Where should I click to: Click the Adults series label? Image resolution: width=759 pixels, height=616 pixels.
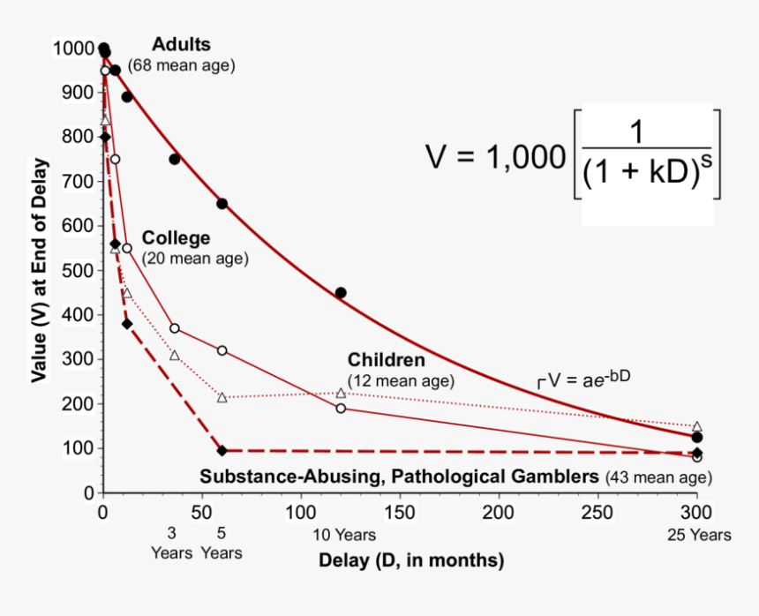pyautogui.click(x=181, y=44)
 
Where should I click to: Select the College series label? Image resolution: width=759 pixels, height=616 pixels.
pyautogui.click(x=177, y=238)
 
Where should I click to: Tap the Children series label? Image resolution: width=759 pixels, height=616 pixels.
pyautogui.click(x=386, y=360)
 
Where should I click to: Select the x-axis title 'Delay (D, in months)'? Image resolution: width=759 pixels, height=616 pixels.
pyautogui.click(x=411, y=560)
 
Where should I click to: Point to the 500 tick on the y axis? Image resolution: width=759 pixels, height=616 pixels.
pyautogui.click(x=76, y=271)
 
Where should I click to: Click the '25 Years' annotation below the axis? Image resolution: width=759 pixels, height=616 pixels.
pyautogui.click(x=699, y=535)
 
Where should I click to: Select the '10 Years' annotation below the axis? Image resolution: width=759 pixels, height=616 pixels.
pyautogui.click(x=344, y=535)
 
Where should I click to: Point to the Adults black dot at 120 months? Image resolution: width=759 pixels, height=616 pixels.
pyautogui.click(x=341, y=293)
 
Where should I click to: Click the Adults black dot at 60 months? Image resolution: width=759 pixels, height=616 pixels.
pyautogui.click(x=222, y=204)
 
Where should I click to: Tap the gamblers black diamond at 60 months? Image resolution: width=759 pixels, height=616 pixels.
pyautogui.click(x=222, y=450)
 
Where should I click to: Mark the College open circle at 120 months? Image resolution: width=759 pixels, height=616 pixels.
pyautogui.click(x=341, y=409)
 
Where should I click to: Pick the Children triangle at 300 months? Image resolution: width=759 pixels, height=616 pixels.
pyautogui.click(x=697, y=426)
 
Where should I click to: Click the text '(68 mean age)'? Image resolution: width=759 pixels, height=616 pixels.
pyautogui.click(x=182, y=65)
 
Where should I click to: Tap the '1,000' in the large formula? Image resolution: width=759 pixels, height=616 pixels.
pyautogui.click(x=521, y=157)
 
